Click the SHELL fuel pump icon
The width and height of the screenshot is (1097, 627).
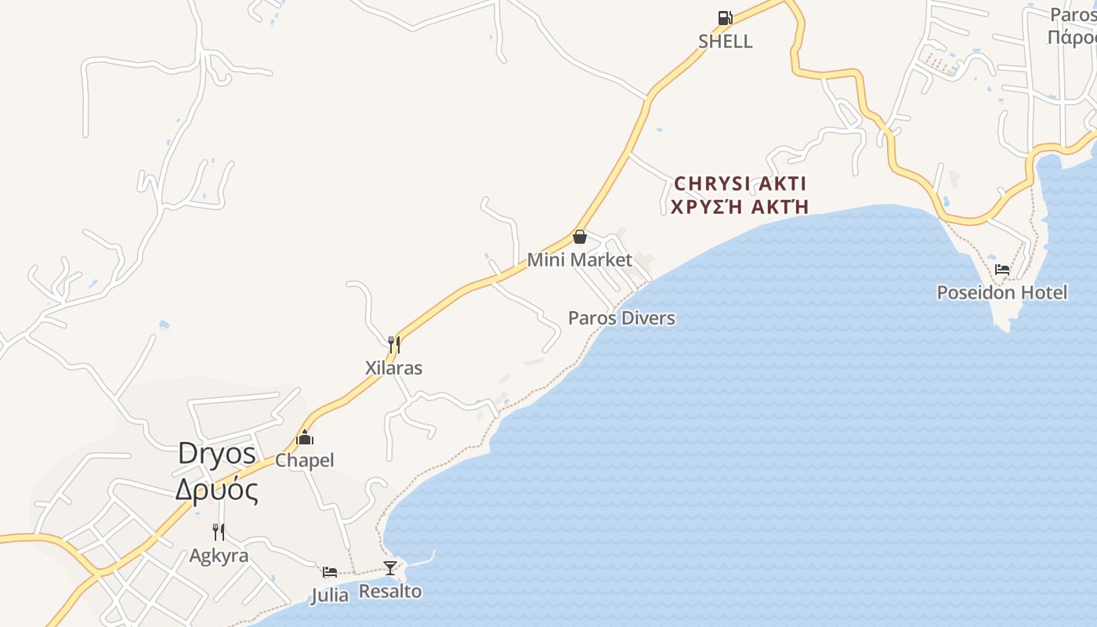[x=726, y=18]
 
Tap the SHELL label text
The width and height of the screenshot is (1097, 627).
[x=726, y=42]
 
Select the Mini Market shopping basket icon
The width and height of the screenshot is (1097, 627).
[x=580, y=237]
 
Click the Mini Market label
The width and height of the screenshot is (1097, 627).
[x=580, y=259]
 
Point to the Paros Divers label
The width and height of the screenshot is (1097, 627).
[x=621, y=318]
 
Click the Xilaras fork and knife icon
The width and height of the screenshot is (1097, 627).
[x=394, y=345]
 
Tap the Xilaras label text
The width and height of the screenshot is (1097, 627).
[x=394, y=368]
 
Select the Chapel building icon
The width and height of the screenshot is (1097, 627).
[x=305, y=438]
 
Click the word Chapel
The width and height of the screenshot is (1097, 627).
[x=305, y=460]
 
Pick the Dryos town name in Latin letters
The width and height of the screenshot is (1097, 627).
[x=217, y=453]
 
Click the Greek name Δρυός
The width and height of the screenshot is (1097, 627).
[x=217, y=490]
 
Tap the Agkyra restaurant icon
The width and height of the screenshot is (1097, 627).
[x=219, y=532]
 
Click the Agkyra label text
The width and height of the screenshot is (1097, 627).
[x=219, y=556]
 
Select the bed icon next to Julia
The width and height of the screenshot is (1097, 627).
[x=330, y=572]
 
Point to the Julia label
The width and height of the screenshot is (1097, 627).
[x=330, y=596]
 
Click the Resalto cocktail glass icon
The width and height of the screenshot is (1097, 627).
[x=390, y=568]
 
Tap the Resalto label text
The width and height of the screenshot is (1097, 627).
[x=390, y=591]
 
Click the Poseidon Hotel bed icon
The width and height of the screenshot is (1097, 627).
[x=1002, y=270]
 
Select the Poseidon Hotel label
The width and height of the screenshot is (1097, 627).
[x=1002, y=292]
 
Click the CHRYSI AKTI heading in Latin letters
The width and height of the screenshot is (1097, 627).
[x=740, y=183]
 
